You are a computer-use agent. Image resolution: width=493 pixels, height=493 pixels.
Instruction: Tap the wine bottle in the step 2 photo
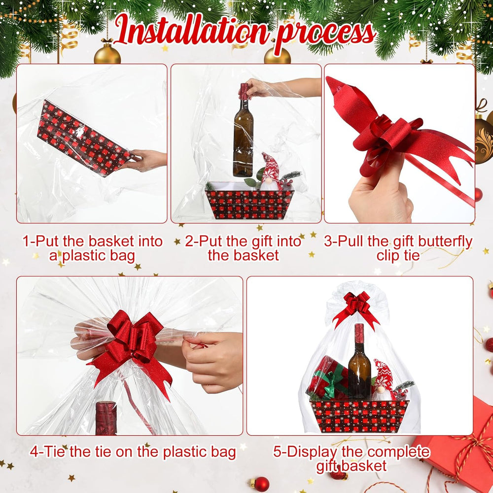pos(243,130)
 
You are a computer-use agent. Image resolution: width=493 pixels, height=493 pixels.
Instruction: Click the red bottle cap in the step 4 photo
pos(106,418)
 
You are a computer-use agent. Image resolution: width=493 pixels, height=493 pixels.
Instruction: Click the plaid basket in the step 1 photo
pos(83,139)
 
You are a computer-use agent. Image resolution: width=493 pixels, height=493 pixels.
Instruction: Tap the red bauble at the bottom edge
pos(262,484)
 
